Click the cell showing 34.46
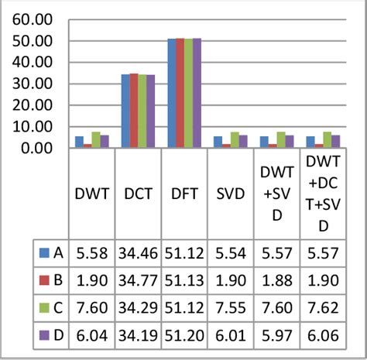137,252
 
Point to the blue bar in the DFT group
172,93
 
